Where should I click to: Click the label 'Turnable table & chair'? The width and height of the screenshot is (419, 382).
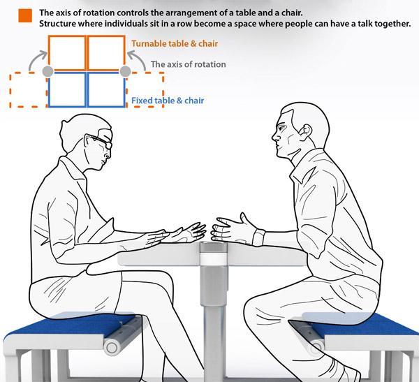coord(175,44)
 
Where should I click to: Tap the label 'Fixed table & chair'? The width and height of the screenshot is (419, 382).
coord(168,101)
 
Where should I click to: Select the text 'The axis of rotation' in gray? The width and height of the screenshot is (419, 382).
coord(189,64)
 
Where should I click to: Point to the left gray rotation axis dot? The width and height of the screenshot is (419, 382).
coord(47,71)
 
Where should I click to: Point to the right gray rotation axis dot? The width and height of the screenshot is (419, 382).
coord(126,71)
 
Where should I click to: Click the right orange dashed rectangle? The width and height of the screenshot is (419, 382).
coord(145,91)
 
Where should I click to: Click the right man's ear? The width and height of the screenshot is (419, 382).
coord(305,131)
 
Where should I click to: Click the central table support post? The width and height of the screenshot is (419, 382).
coord(209,307)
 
